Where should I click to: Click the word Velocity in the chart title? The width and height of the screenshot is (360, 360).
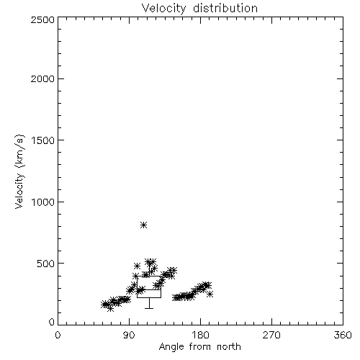[164, 9]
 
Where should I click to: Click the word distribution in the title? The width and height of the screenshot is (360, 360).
[225, 8]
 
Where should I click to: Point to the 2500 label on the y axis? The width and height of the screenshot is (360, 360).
[43, 19]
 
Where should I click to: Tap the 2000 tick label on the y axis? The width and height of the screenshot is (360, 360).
[43, 78]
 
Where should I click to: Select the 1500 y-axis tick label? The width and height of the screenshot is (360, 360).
[43, 140]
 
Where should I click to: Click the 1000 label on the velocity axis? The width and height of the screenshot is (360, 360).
[43, 202]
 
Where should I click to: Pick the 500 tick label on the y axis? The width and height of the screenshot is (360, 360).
[46, 264]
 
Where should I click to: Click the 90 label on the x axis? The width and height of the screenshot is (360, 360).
[129, 335]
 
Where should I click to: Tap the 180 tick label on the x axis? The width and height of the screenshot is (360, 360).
[200, 335]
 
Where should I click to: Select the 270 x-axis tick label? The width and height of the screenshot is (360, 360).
[271, 335]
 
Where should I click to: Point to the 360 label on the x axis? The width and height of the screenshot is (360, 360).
[343, 335]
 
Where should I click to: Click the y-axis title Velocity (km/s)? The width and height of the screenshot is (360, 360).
[19, 171]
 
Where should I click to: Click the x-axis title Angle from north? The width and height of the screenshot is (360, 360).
[200, 347]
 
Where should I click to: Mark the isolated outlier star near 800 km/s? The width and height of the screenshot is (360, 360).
[143, 225]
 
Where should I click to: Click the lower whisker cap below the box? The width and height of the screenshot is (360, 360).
[149, 308]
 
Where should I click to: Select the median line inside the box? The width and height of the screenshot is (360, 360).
[149, 289]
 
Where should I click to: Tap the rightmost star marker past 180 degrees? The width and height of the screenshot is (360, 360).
[210, 294]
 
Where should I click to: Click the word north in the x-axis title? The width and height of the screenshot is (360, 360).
[229, 347]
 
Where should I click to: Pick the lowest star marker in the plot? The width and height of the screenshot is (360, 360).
[110, 309]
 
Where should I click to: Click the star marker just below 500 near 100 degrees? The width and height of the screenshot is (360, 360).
[137, 266]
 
